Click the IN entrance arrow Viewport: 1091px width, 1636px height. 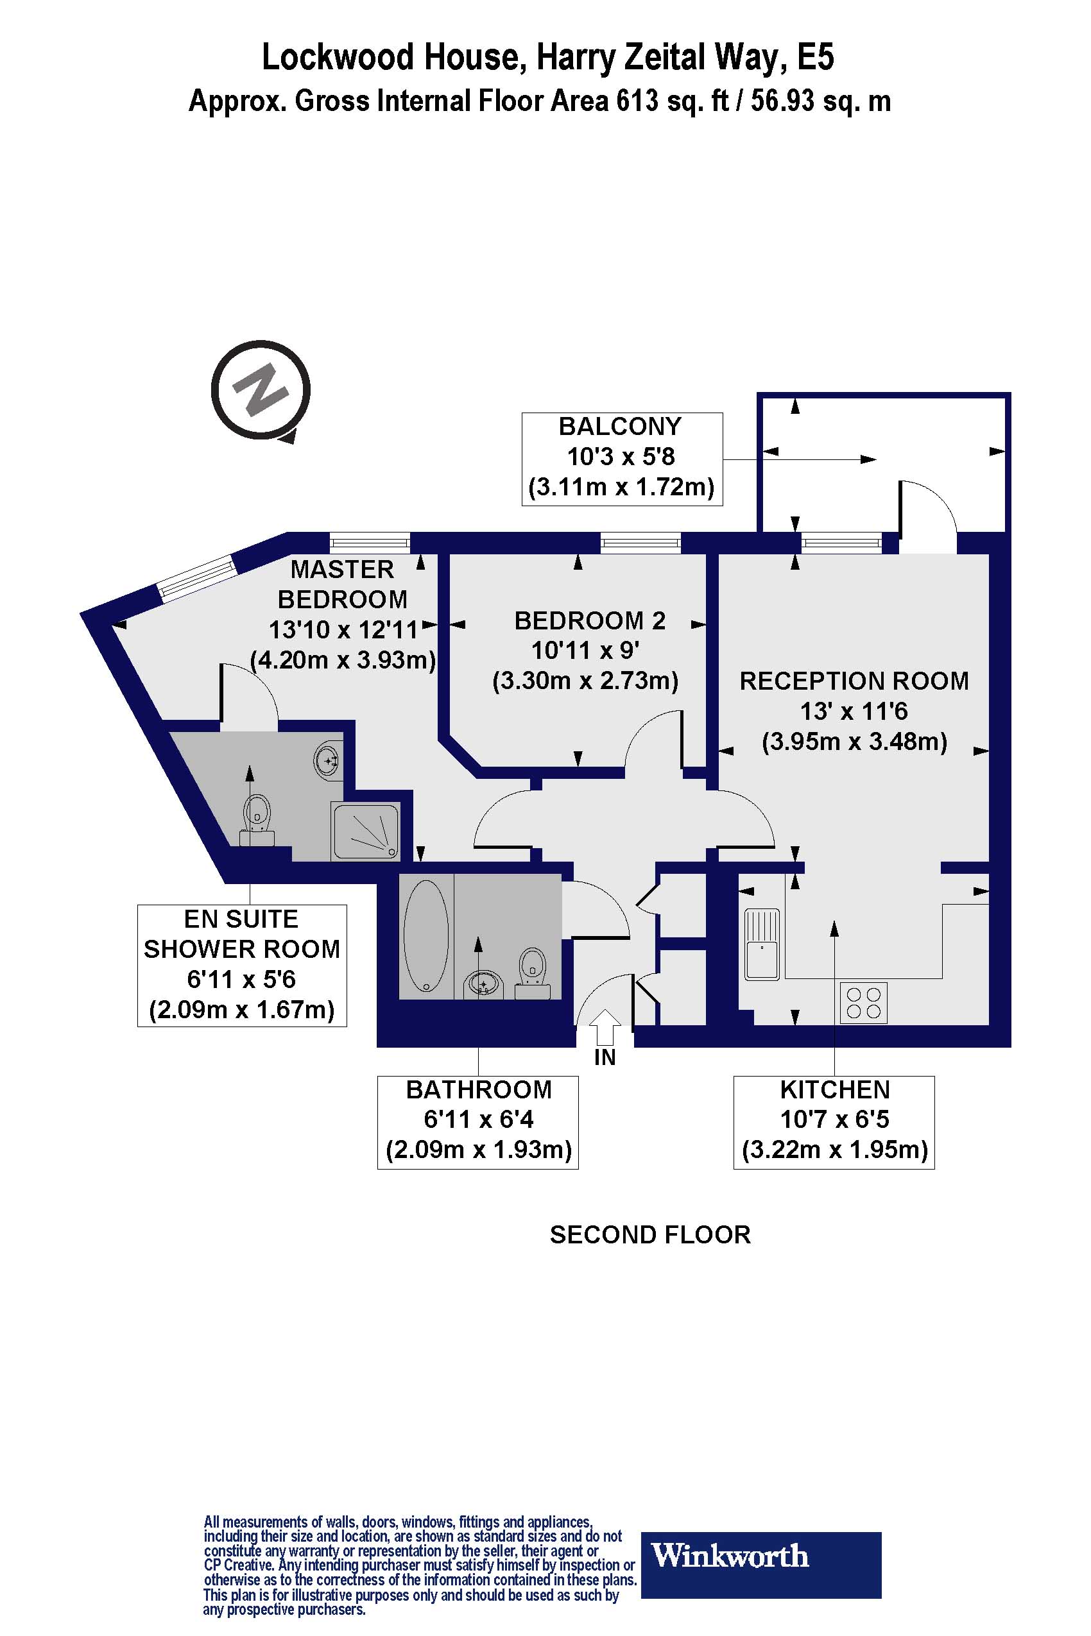pyautogui.click(x=605, y=1027)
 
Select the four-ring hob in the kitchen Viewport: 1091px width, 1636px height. pyautogui.click(x=863, y=1003)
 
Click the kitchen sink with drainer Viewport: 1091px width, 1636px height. pyautogui.click(x=762, y=944)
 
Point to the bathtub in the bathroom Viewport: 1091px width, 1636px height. pyautogui.click(x=426, y=935)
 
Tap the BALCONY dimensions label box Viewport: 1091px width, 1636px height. pyautogui.click(x=622, y=458)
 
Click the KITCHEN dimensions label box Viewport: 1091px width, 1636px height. pyautogui.click(x=834, y=1122)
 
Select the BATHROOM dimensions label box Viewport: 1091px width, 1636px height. pyautogui.click(x=478, y=1122)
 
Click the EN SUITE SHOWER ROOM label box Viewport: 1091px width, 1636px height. pyautogui.click(x=241, y=966)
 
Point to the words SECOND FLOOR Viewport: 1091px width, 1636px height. pyautogui.click(x=650, y=1234)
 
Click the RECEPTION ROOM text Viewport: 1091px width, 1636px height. pyautogui.click(x=854, y=681)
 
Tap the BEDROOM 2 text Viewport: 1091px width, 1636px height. pyautogui.click(x=589, y=620)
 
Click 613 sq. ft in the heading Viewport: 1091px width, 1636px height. pyautogui.click(x=672, y=101)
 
